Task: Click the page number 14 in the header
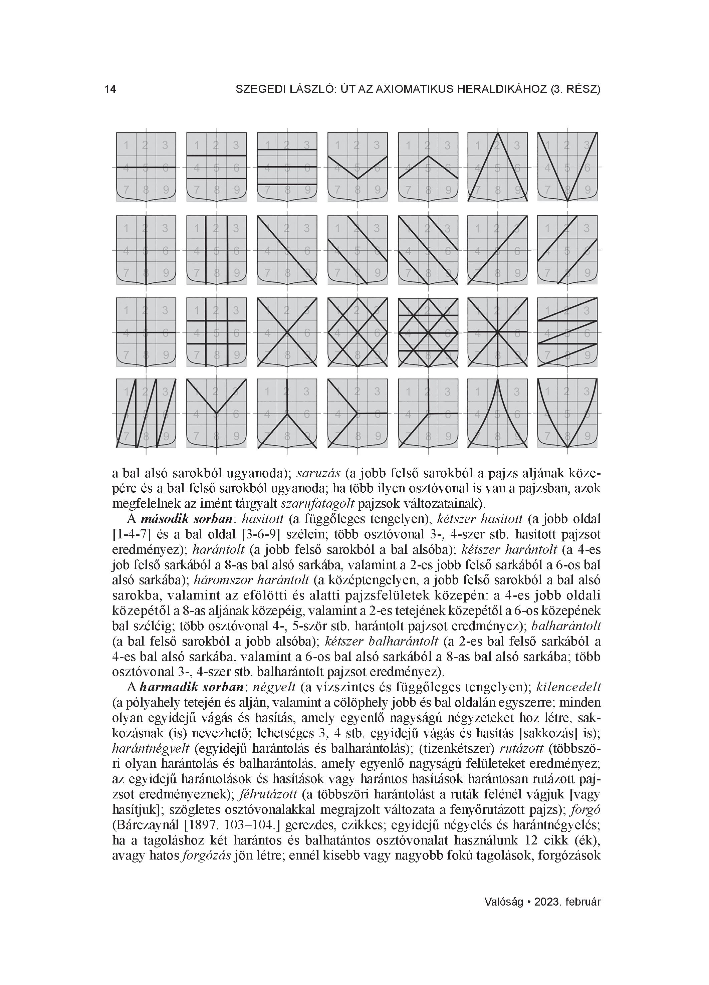110,89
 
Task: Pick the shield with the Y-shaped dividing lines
216,414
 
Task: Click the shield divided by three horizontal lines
287,167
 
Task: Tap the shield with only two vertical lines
216,250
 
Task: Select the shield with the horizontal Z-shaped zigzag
567,332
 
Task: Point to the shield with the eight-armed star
497,332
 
